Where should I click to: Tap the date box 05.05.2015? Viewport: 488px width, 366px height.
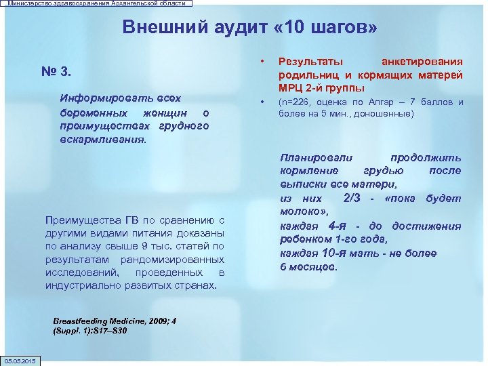tap(20, 360)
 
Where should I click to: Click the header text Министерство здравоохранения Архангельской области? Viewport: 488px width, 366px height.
tap(96, 3)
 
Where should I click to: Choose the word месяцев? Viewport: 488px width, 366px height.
tap(313, 267)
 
